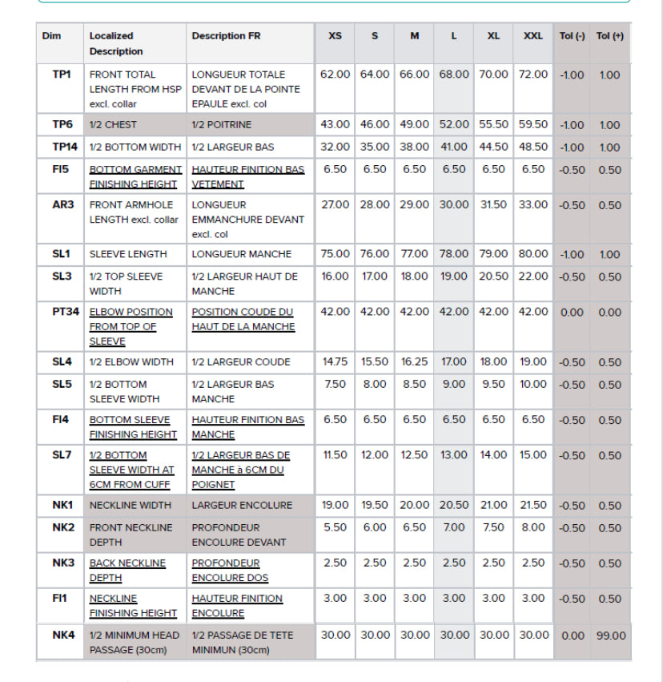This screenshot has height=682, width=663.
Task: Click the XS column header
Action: point(335,36)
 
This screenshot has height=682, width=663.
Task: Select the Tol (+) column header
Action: point(610,36)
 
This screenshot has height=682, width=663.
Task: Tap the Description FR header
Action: point(226,36)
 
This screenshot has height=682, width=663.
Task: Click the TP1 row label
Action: point(62,75)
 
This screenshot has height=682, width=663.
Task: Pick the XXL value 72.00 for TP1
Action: point(533,75)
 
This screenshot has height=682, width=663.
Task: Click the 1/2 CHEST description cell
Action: point(113,125)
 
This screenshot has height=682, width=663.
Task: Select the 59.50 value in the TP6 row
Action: point(533,125)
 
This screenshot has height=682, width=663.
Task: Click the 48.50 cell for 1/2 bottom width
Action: point(533,147)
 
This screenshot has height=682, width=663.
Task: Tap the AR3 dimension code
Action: point(62,205)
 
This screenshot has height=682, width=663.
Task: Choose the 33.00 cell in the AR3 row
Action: point(533,205)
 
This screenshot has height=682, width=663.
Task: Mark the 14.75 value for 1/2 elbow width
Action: point(335,362)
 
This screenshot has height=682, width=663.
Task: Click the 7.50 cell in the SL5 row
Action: point(335,385)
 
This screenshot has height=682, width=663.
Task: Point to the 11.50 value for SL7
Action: point(335,455)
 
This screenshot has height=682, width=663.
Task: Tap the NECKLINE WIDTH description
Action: point(130,506)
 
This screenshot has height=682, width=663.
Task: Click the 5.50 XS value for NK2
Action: point(335,528)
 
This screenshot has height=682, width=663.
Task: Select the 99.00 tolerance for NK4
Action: point(611,636)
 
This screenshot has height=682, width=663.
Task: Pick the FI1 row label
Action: point(62,599)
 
